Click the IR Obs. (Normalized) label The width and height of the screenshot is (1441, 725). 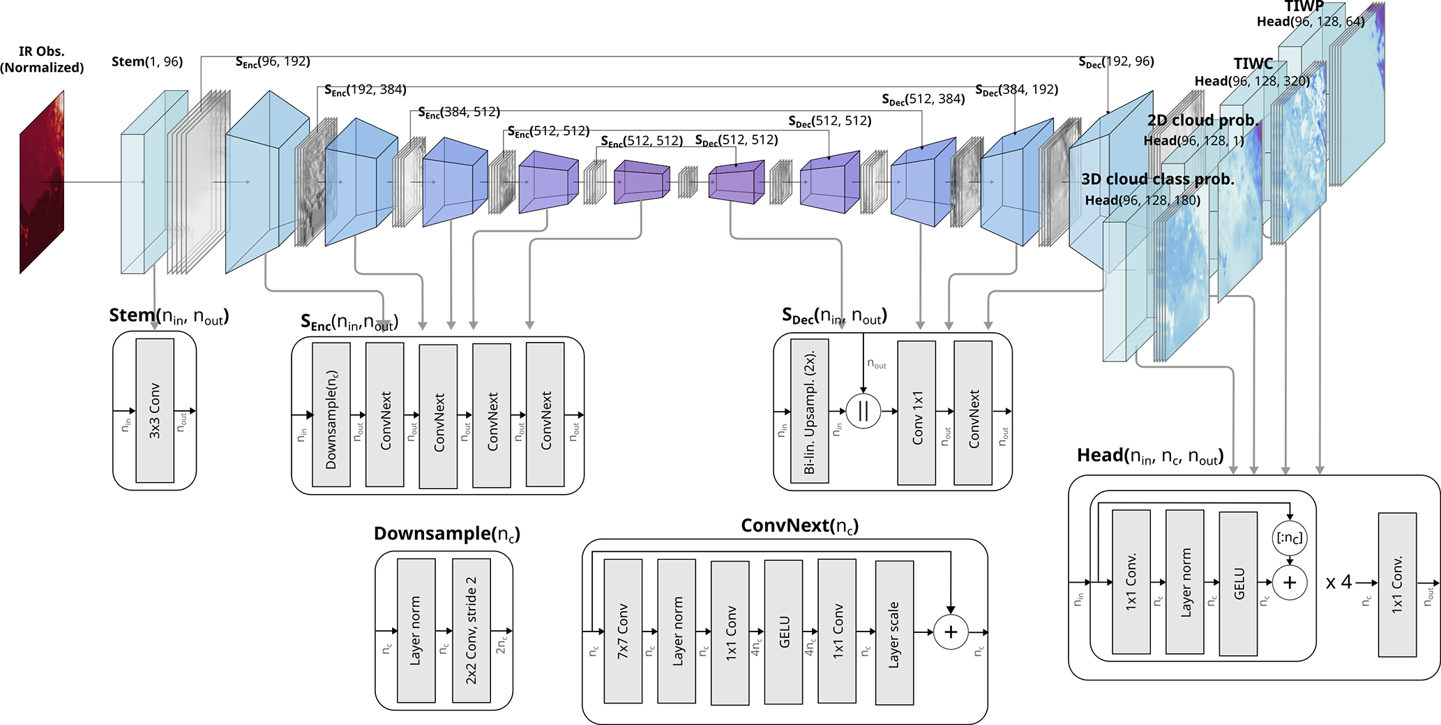coord(42,59)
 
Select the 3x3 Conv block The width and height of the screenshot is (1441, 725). coord(155,410)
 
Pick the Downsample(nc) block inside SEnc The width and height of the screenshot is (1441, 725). coord(331,416)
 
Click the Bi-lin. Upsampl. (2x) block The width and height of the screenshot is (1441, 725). coord(810,412)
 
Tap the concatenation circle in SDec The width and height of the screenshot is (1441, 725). coord(863,411)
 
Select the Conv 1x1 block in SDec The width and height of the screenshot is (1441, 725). coord(916,413)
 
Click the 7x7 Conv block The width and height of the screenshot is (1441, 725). coord(623,631)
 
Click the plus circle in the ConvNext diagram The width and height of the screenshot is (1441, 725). coord(951,632)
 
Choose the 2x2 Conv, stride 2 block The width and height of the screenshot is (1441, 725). coord(471,631)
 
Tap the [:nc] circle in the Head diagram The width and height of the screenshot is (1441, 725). coord(1290,538)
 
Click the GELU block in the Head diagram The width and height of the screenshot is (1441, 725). coord(1239,583)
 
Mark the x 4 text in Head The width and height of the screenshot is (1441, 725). coord(1338,583)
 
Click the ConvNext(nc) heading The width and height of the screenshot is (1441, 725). coord(799,526)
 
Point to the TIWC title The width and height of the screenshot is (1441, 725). coord(1253,63)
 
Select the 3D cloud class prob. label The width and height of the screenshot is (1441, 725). coord(1158,179)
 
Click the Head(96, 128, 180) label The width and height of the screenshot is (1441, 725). coord(1142,201)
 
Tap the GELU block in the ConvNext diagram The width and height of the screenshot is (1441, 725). coord(784,631)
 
